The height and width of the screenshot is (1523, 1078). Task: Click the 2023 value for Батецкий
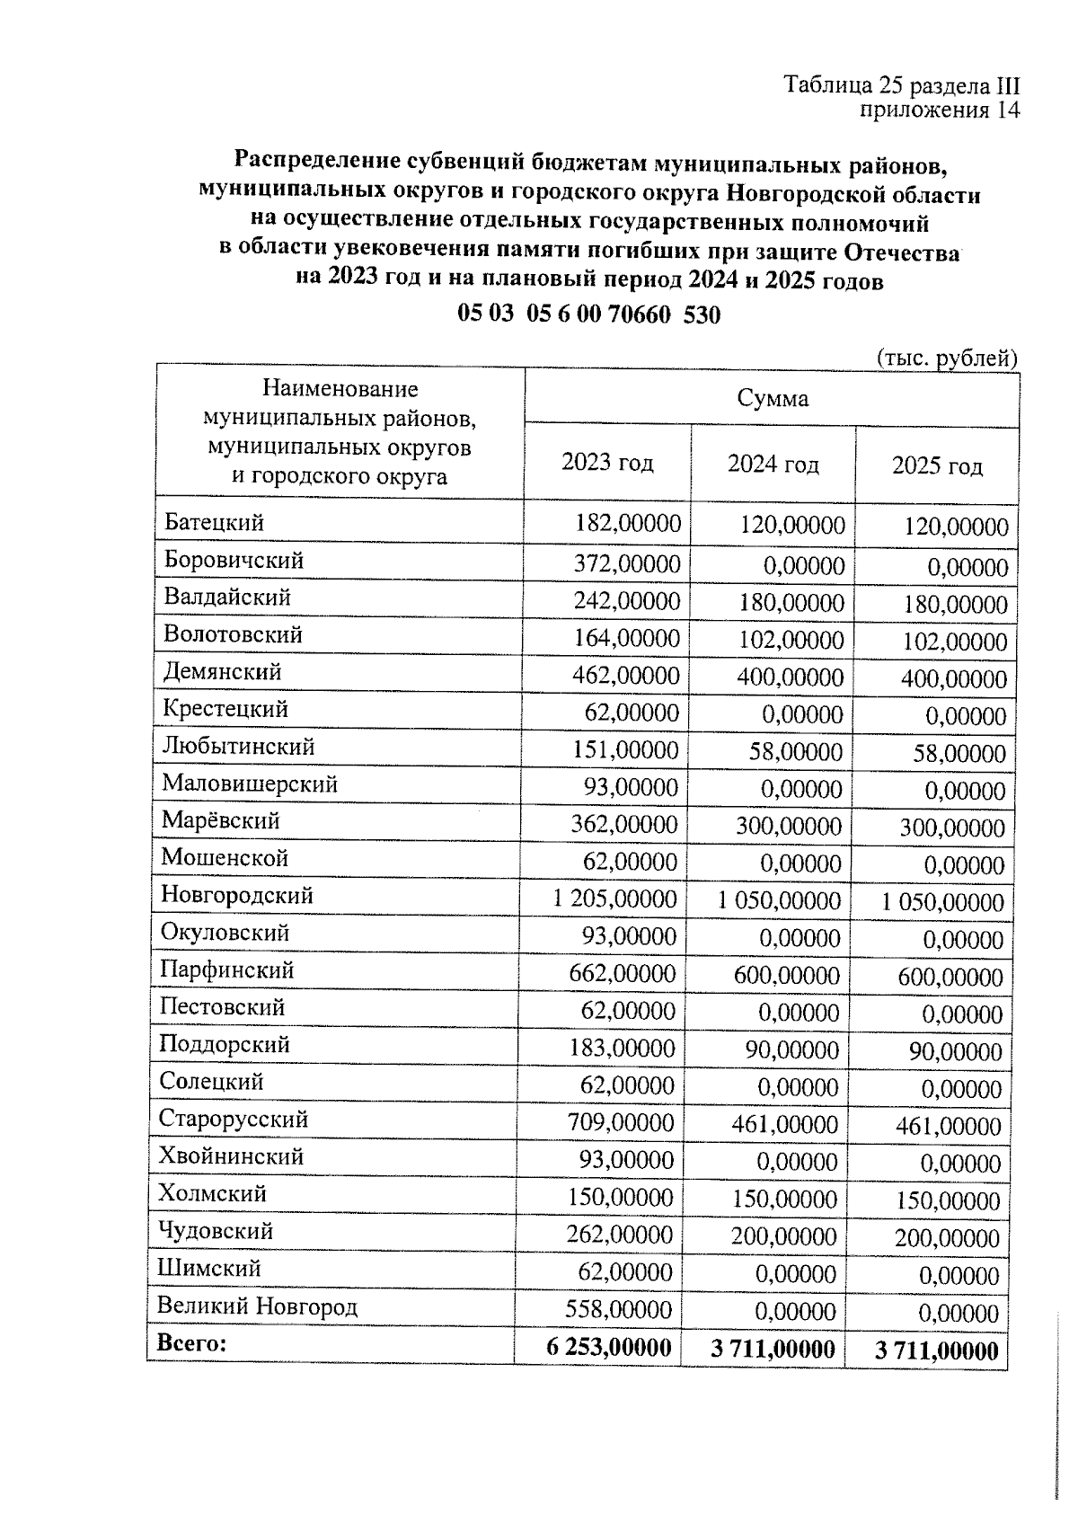pyautogui.click(x=627, y=524)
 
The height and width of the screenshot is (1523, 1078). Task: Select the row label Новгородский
pyautogui.click(x=237, y=895)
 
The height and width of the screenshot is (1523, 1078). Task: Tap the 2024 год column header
pyautogui.click(x=773, y=464)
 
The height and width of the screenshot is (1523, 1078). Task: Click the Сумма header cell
pyautogui.click(x=772, y=398)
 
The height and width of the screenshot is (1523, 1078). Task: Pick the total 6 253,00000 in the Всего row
pyautogui.click(x=608, y=1348)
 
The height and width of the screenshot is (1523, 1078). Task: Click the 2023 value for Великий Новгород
pyautogui.click(x=618, y=1310)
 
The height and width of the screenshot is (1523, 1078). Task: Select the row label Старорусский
pyautogui.click(x=234, y=1119)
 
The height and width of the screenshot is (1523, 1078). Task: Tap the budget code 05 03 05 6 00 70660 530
pyautogui.click(x=588, y=314)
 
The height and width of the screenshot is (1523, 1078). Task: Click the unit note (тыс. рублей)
pyautogui.click(x=946, y=358)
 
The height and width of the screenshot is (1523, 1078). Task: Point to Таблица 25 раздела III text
pyautogui.click(x=902, y=85)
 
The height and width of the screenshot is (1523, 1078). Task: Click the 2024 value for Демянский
pyautogui.click(x=790, y=677)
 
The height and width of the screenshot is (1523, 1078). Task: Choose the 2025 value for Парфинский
pyautogui.click(x=950, y=978)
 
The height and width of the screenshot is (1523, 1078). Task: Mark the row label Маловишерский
pyautogui.click(x=250, y=784)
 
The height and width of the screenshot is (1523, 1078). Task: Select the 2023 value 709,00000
pyautogui.click(x=620, y=1122)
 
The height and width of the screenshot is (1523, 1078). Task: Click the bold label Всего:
pyautogui.click(x=191, y=1343)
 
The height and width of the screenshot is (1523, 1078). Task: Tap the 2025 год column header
pyautogui.click(x=937, y=465)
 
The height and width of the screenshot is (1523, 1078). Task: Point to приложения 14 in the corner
pyautogui.click(x=940, y=110)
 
